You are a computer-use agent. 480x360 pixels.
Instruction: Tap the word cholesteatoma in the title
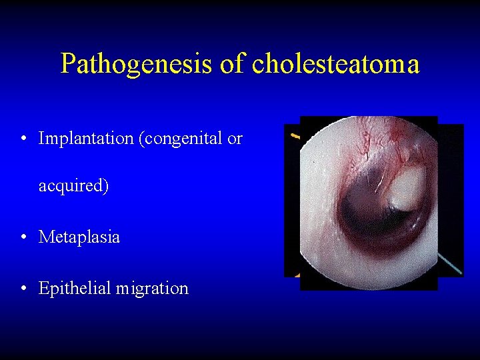[x=336, y=65]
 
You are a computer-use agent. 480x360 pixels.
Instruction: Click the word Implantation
[x=86, y=139]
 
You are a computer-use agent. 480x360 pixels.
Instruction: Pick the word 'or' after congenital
[x=235, y=139]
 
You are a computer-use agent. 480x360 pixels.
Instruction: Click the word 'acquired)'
[x=73, y=186]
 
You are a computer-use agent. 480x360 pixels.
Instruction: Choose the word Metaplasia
[x=79, y=237]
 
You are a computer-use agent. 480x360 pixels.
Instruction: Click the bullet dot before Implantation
[x=24, y=139]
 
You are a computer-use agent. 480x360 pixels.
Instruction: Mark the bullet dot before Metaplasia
[x=24, y=237]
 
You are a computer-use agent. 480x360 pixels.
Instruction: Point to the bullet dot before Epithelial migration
[x=24, y=289]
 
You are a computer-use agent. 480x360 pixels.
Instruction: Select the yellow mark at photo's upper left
[x=294, y=135]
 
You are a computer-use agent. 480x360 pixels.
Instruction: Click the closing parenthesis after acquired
[x=106, y=186]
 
